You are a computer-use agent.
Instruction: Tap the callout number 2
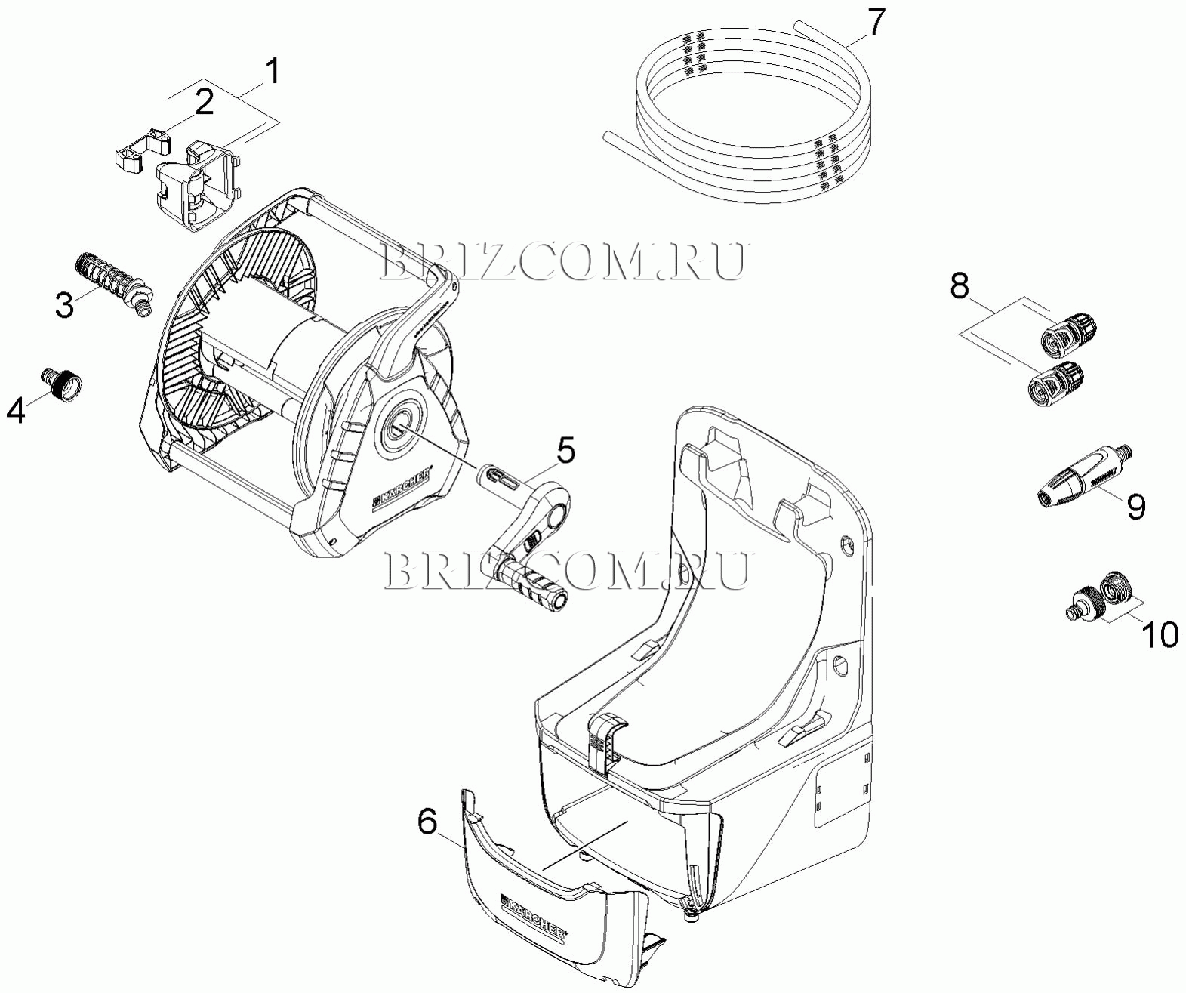(x=204, y=102)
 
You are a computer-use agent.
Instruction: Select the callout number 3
(x=64, y=304)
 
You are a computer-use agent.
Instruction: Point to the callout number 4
(x=17, y=410)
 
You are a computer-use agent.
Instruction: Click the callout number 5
(x=565, y=451)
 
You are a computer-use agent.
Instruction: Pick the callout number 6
(x=427, y=822)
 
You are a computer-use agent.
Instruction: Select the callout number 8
(x=959, y=286)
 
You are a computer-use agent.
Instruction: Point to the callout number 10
(x=1160, y=634)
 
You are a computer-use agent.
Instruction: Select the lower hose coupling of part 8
(x=1056, y=379)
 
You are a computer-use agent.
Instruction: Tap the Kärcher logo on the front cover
(x=534, y=916)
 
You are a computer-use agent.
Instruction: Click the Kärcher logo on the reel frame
(x=402, y=491)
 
